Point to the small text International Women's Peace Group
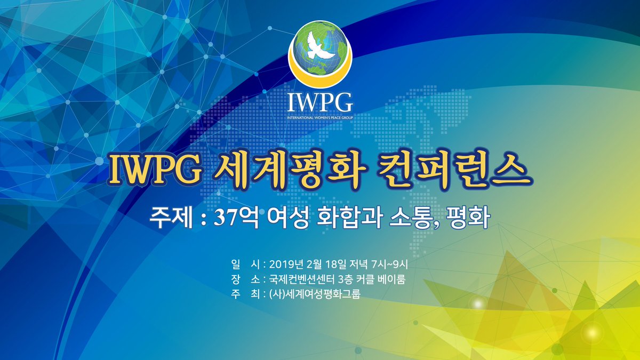tap(320, 116)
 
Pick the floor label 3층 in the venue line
tap(345, 278)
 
